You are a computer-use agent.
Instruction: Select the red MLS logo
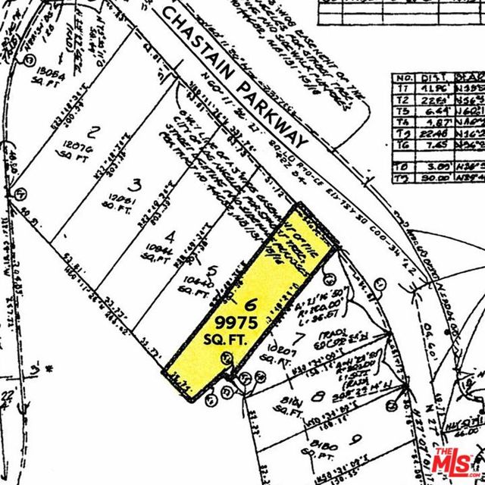[x=456, y=459]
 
